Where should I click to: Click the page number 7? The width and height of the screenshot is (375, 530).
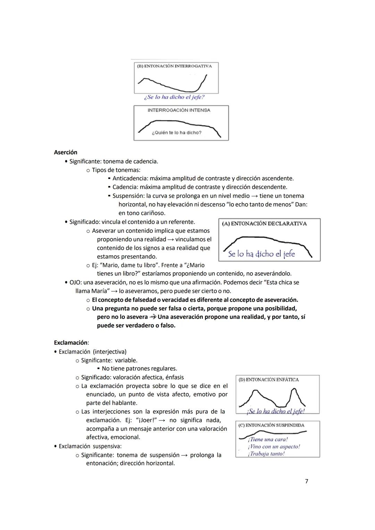pyautogui.click(x=306, y=481)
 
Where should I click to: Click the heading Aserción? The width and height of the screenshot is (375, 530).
pyautogui.click(x=66, y=152)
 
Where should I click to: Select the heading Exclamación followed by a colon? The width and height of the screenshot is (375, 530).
pyautogui.click(x=71, y=343)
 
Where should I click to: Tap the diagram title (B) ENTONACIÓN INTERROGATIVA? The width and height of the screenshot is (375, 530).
pyautogui.click(x=174, y=66)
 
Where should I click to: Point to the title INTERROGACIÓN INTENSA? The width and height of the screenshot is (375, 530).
pyautogui.click(x=179, y=110)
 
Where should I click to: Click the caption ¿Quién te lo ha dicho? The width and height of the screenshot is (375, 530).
pyautogui.click(x=176, y=132)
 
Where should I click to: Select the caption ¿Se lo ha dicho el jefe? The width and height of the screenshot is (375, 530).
pyautogui.click(x=174, y=97)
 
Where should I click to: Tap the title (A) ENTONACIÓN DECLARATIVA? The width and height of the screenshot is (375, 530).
pyautogui.click(x=264, y=224)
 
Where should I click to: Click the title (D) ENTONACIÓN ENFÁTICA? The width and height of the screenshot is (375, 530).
pyautogui.click(x=268, y=379)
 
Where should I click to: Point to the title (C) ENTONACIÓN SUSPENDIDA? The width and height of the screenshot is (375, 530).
pyautogui.click(x=271, y=425)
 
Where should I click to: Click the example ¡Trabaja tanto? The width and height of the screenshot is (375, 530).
pyautogui.click(x=266, y=454)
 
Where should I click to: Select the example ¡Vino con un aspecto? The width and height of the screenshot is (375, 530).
pyautogui.click(x=274, y=447)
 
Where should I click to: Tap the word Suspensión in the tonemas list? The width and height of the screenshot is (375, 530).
pyautogui.click(x=128, y=196)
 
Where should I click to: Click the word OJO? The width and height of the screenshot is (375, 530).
pyautogui.click(x=75, y=283)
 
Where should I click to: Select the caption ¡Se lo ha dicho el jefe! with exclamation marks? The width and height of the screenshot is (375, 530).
pyautogui.click(x=276, y=411)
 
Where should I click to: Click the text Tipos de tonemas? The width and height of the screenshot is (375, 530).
pyautogui.click(x=116, y=170)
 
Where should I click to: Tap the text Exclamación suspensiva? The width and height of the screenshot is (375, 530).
pyautogui.click(x=90, y=446)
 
